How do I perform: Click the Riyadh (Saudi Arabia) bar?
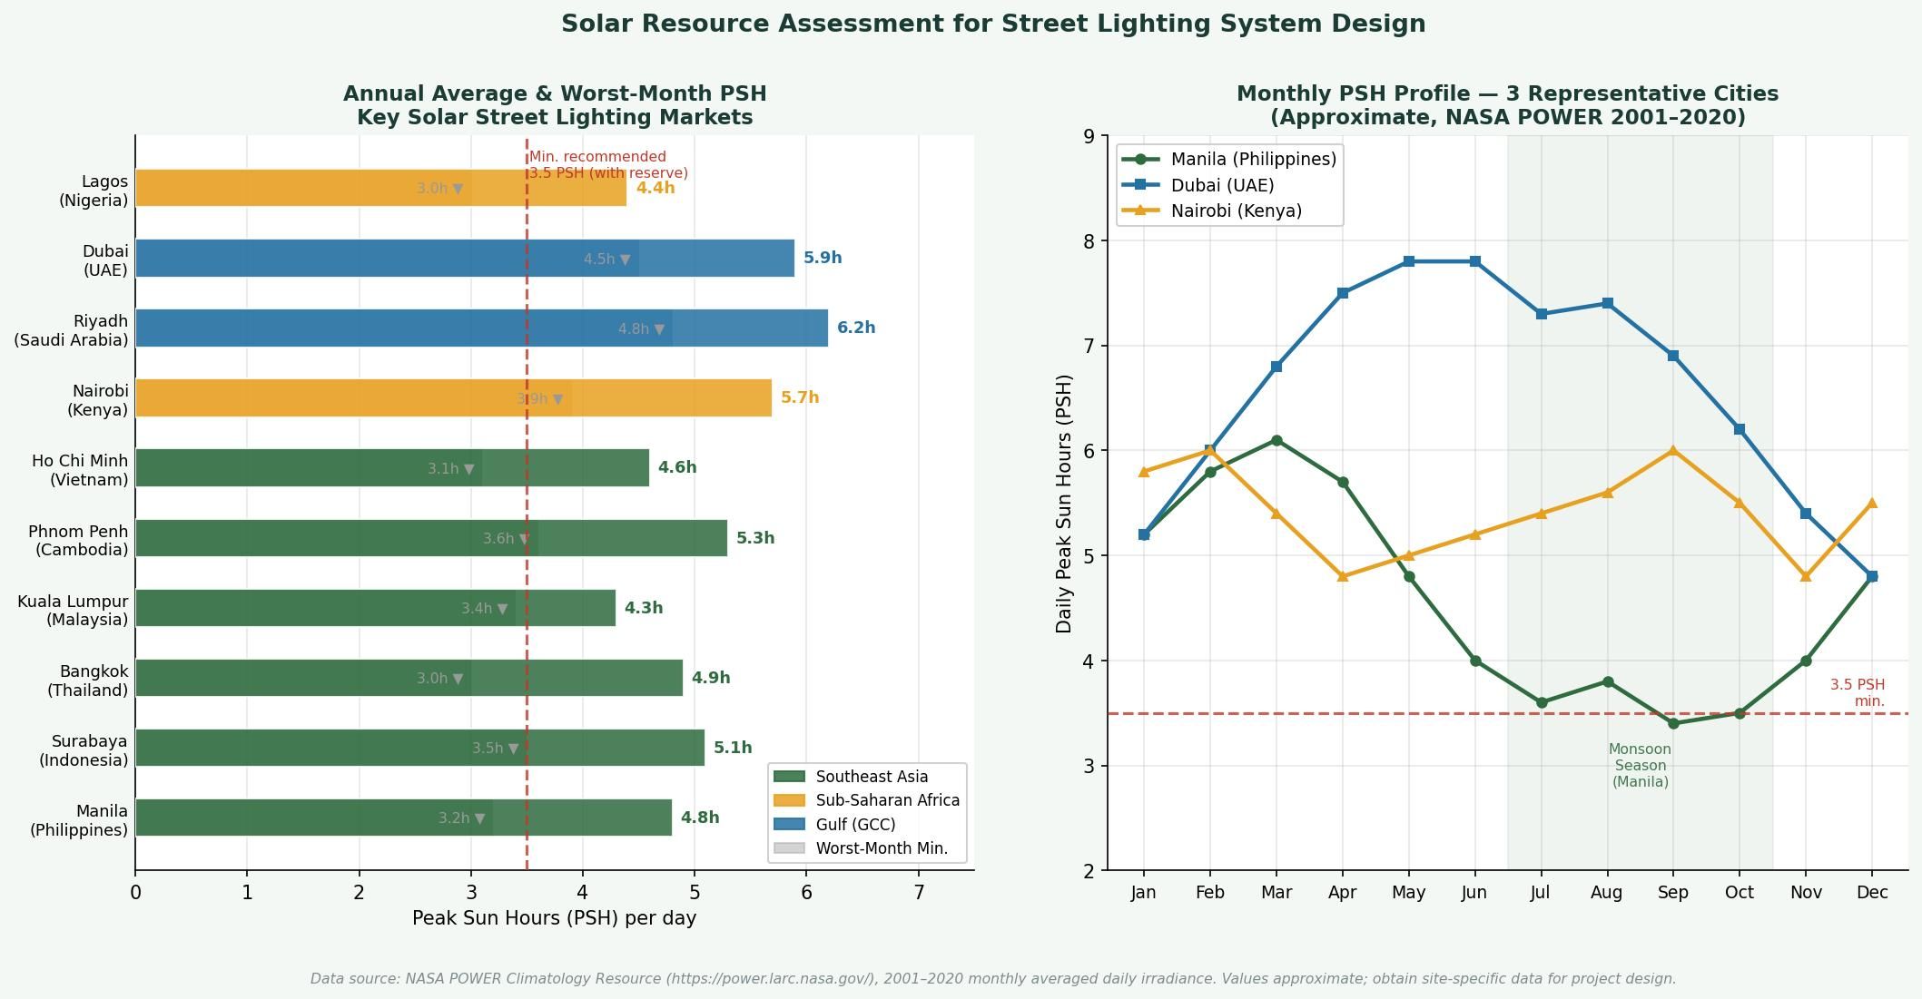coord(481,328)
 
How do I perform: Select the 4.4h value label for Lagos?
coord(655,188)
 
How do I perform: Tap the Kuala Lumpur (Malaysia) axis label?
coord(73,610)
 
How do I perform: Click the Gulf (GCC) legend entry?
coord(854,824)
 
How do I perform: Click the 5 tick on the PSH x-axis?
coord(695,893)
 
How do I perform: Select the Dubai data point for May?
coord(1408,261)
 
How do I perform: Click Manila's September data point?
coord(1673,723)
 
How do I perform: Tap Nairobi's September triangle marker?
coord(1673,451)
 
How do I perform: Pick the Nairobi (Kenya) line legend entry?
coord(1235,211)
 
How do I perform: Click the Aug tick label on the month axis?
coord(1606,893)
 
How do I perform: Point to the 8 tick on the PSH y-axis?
coord(1089,240)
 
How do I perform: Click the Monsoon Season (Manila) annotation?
coord(1640,765)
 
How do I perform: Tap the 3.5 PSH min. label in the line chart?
coord(1858,692)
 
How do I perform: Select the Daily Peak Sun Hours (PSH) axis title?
coord(1064,504)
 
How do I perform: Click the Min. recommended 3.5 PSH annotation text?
coord(607,164)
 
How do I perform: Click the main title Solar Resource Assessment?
coord(992,24)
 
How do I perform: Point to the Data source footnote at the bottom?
coord(992,978)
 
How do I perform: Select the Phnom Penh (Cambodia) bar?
coord(431,538)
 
